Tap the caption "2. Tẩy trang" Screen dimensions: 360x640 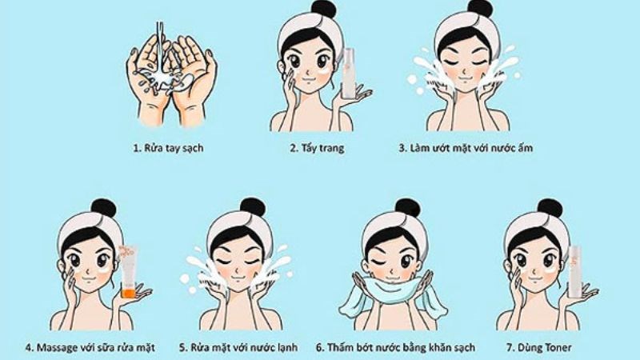tap(317, 149)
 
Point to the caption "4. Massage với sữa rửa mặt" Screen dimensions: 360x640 tap(90, 347)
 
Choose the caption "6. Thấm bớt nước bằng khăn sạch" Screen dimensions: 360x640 tap(396, 347)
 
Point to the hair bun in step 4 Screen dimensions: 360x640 tap(103, 209)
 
